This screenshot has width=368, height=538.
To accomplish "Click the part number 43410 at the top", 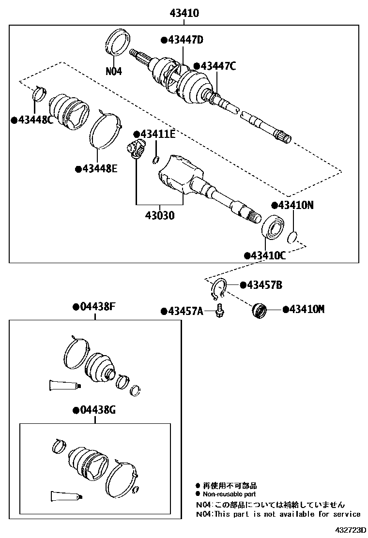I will [184, 13].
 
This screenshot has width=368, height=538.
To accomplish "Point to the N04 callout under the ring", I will [114, 71].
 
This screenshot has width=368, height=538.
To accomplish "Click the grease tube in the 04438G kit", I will [66, 496].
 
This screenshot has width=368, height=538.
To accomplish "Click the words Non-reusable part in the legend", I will [229, 494].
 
